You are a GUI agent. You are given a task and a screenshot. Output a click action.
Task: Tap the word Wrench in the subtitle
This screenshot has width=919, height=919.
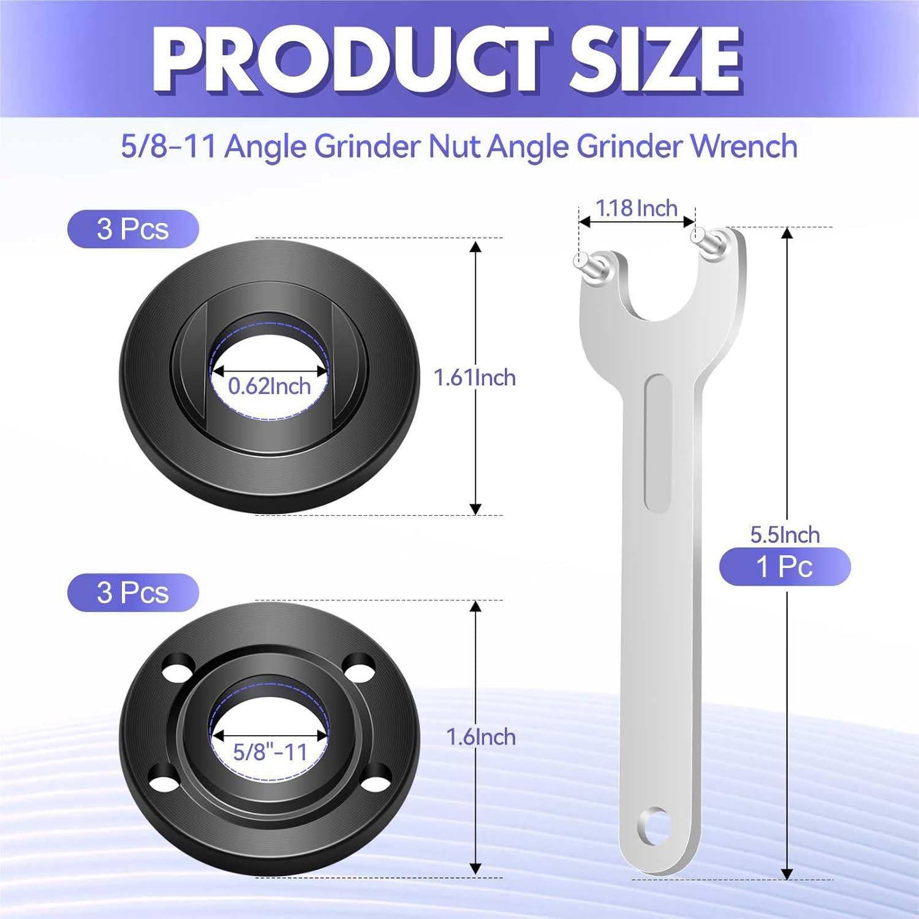[744, 146]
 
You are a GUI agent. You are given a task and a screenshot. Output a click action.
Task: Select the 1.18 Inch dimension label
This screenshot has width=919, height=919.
[637, 208]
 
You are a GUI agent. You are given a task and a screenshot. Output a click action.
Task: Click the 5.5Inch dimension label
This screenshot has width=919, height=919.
[785, 534]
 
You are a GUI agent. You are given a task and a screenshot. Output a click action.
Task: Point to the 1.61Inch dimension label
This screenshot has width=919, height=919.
[474, 377]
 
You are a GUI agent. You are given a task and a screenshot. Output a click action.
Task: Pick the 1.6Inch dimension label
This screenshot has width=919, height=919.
[480, 736]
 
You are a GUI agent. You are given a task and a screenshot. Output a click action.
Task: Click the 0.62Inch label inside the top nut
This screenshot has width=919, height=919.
[269, 386]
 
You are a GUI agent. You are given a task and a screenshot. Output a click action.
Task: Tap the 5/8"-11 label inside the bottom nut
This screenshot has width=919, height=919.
[270, 752]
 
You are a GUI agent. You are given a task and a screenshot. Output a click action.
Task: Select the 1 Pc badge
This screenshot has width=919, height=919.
[784, 566]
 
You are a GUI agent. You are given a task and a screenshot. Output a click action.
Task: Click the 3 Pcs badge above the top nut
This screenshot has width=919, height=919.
[133, 229]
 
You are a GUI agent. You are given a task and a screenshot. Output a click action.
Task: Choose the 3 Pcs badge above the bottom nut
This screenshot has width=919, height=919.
[133, 592]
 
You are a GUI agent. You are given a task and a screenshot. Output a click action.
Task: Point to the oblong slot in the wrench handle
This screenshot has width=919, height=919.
[658, 443]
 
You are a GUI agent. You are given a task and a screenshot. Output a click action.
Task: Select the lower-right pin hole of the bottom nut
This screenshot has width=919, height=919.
[374, 777]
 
